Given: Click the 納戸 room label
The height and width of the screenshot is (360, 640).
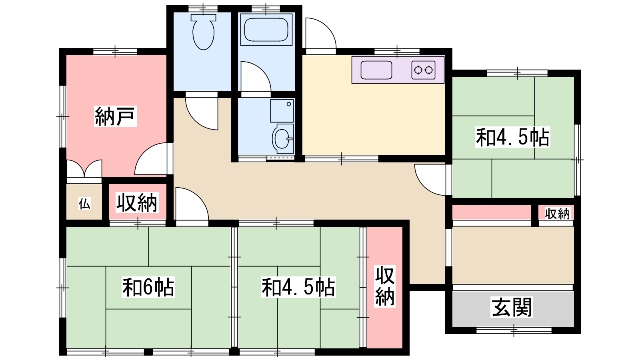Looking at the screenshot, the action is (115, 116).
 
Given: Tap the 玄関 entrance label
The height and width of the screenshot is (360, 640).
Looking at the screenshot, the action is (512, 307).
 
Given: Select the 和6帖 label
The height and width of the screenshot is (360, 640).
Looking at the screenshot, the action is (148, 287).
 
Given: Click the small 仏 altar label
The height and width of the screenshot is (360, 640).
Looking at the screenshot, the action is (84, 204).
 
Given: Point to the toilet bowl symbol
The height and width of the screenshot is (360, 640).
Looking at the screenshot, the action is (204, 32).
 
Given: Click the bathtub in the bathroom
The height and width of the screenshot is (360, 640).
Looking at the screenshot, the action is (266, 30).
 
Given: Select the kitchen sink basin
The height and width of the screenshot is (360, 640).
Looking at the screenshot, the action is (376, 70).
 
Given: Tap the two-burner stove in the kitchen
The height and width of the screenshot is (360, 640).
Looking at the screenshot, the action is (424, 70).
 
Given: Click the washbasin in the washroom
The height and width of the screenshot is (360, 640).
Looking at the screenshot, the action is (282, 139).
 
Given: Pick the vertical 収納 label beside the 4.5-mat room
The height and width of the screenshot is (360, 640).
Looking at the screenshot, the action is (385, 286).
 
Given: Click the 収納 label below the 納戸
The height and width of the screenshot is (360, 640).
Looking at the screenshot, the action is (136, 202).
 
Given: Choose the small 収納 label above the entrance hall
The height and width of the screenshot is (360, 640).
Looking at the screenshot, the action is (557, 214).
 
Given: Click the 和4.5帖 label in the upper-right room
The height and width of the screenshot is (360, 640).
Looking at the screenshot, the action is (512, 137).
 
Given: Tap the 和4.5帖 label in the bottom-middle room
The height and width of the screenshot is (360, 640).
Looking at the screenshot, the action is (298, 287).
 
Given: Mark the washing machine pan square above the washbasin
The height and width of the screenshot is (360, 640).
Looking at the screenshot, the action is (282, 111).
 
